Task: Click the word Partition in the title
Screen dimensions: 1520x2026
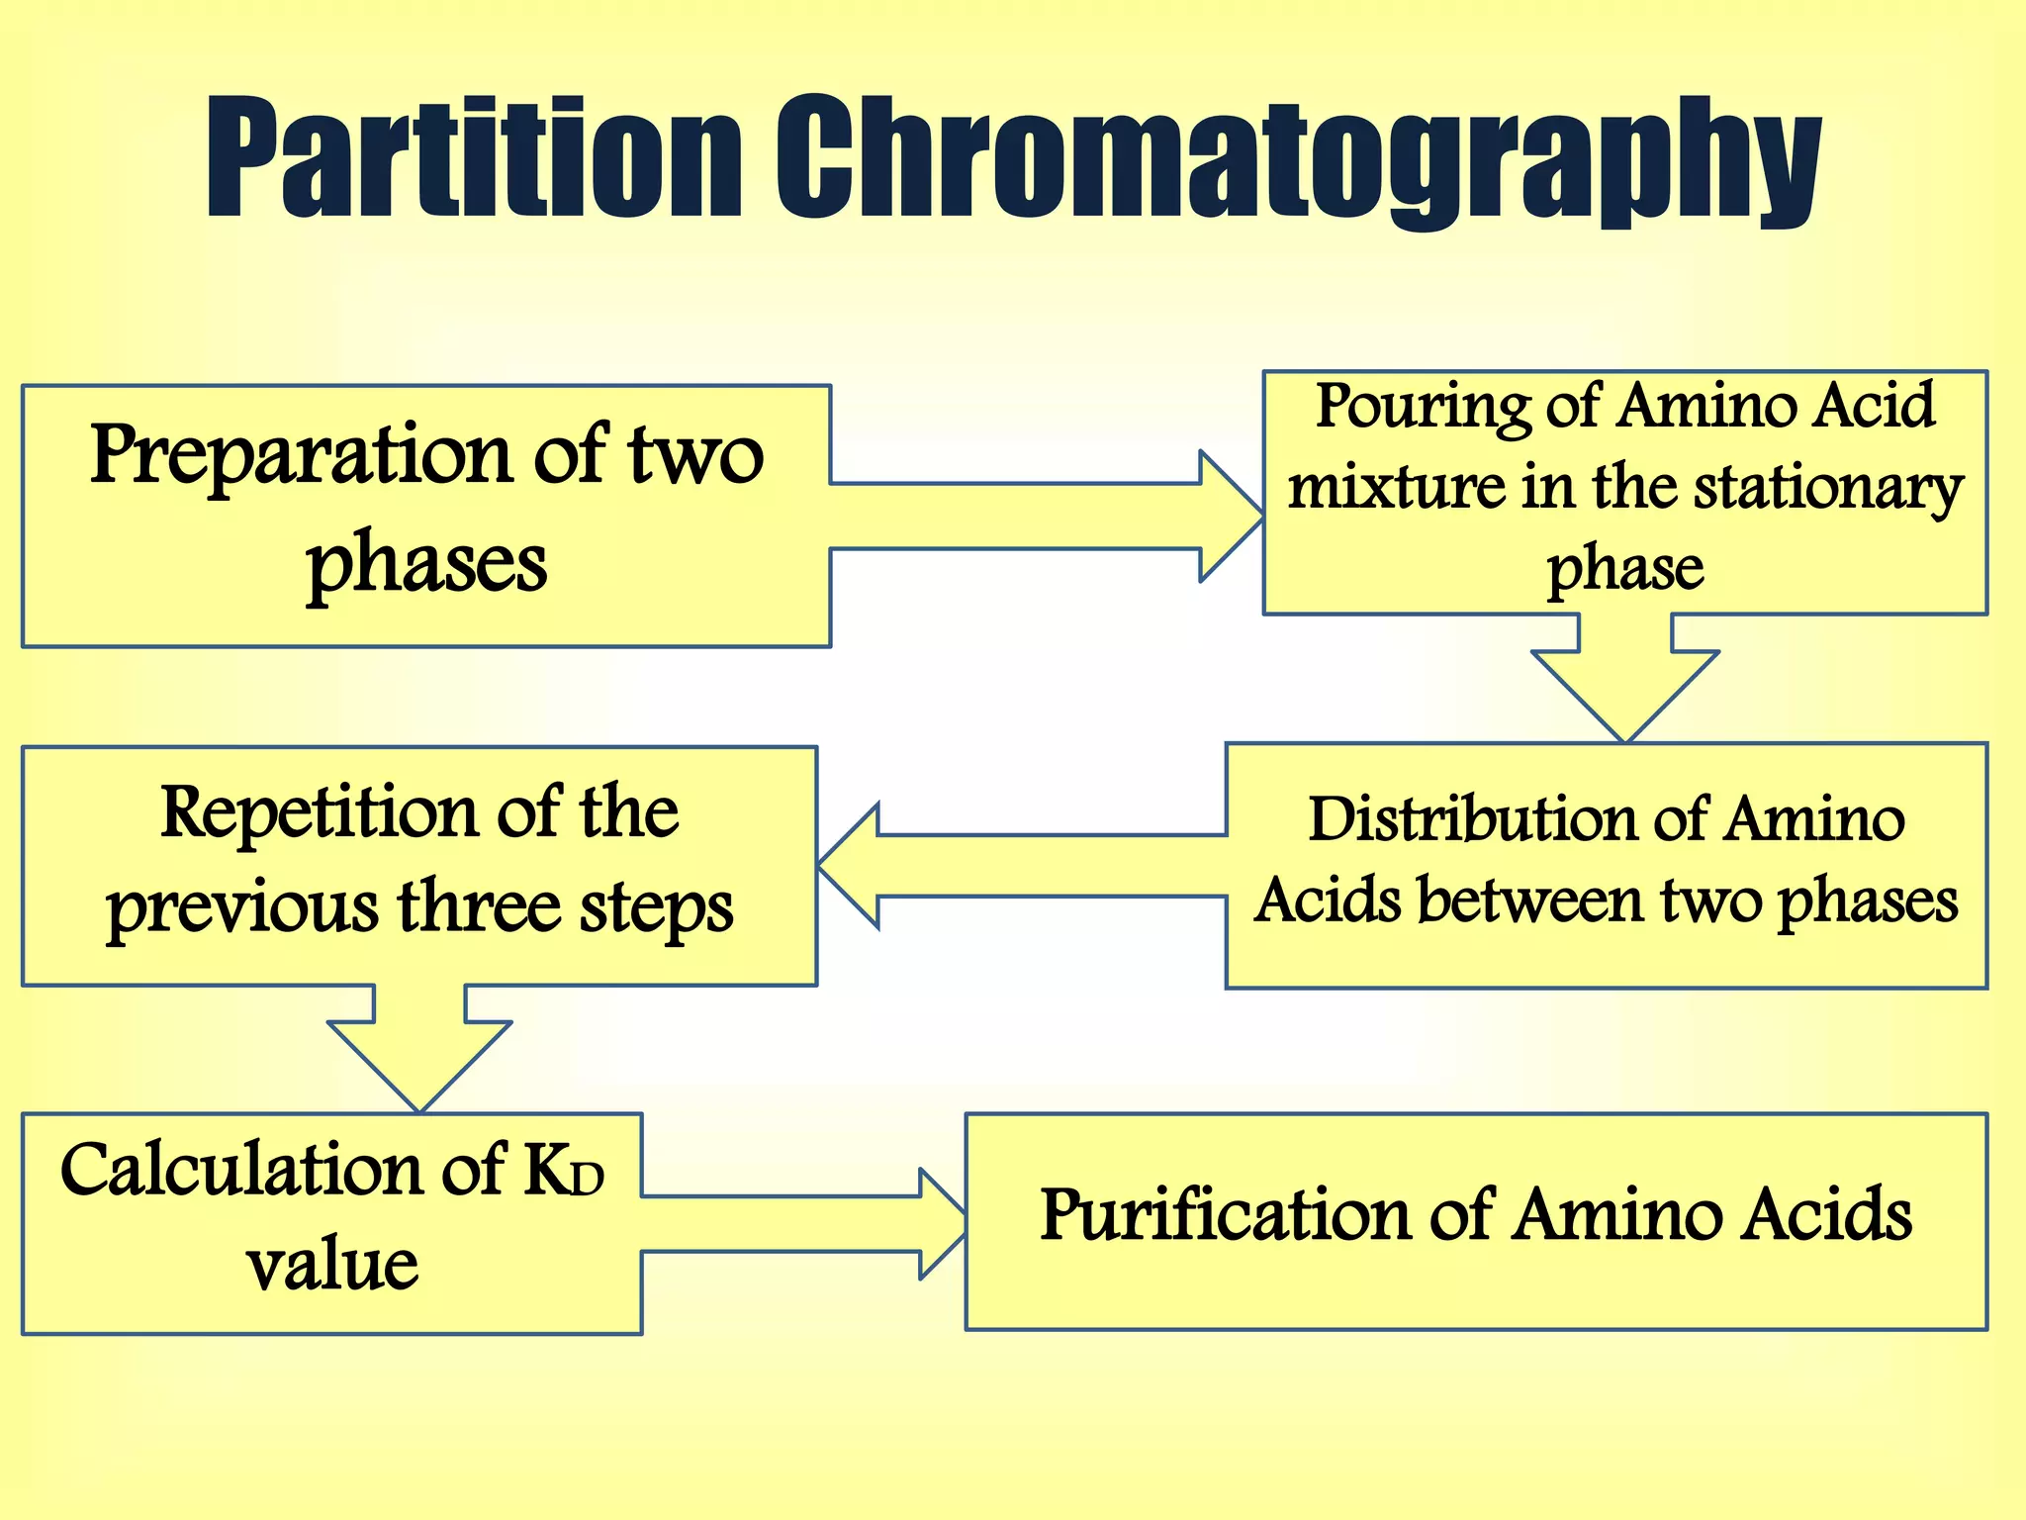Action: pos(473,158)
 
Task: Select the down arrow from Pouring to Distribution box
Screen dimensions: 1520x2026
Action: pos(1624,683)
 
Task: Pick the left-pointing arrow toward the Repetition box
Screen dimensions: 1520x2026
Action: pos(1019,867)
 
